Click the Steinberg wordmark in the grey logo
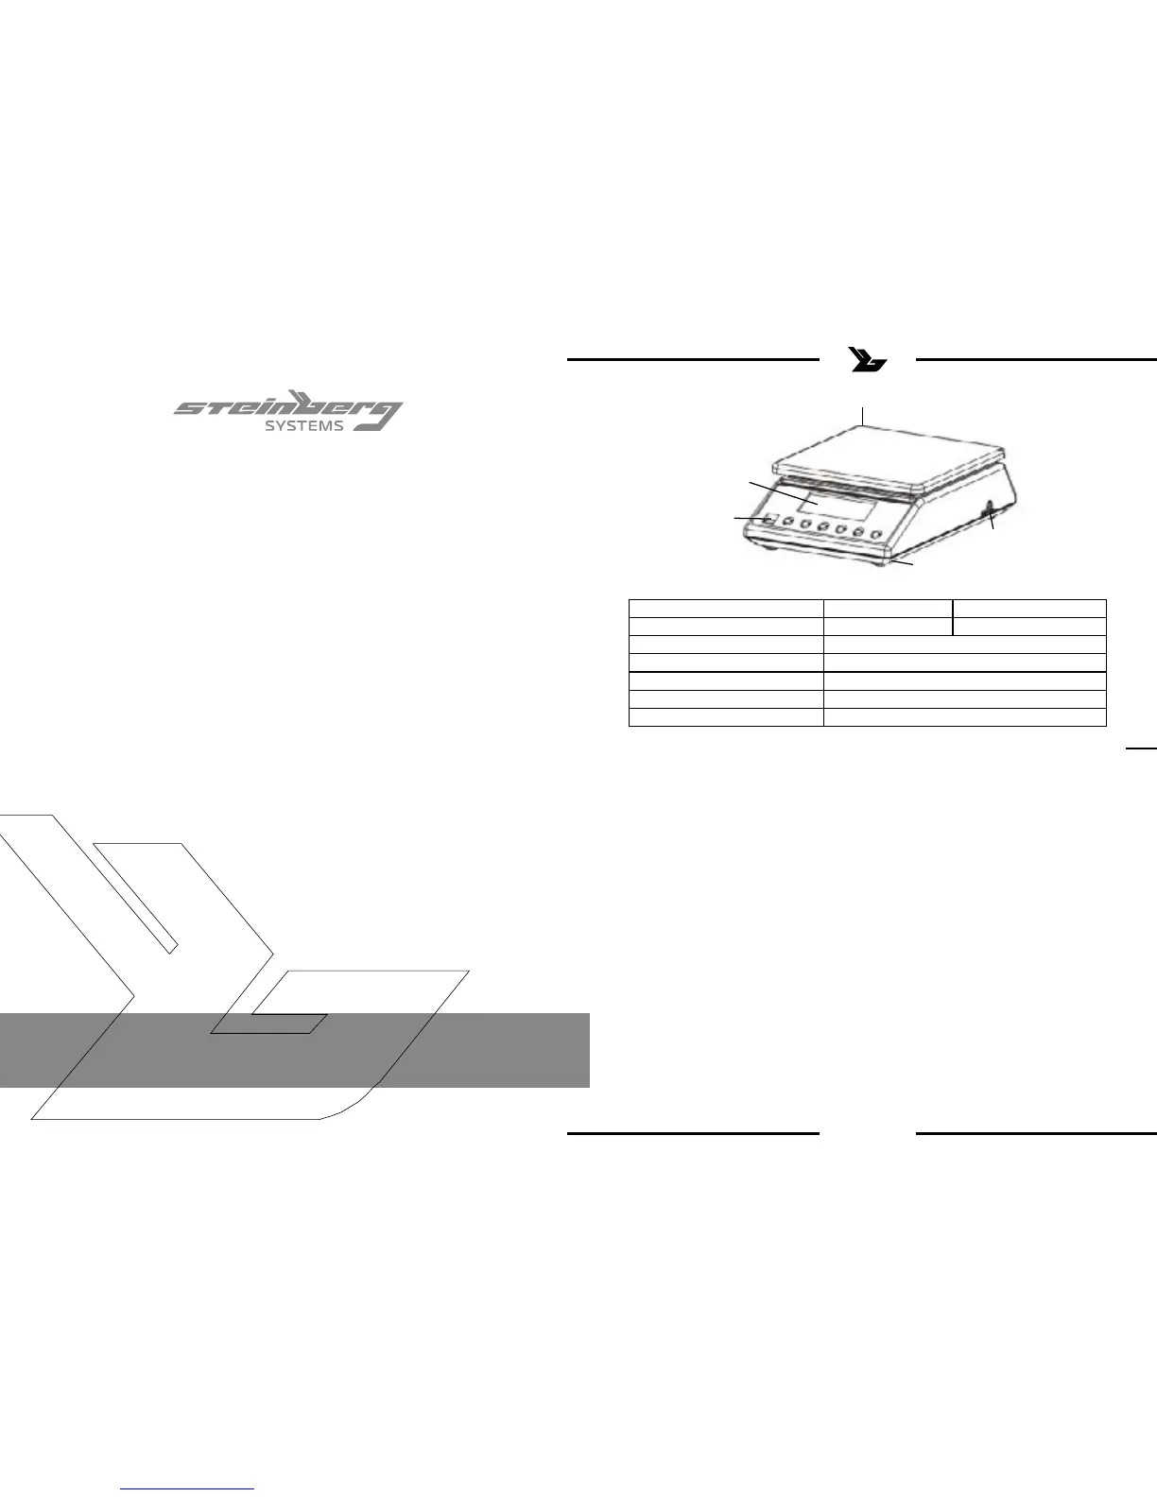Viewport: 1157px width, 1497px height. pyautogui.click(x=274, y=408)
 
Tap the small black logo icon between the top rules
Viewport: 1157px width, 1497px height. pyautogui.click(x=868, y=360)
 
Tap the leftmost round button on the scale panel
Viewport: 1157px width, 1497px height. pyautogui.click(x=788, y=523)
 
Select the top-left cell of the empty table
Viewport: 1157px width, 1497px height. pyautogui.click(x=726, y=608)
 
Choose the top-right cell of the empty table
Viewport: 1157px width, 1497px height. pyautogui.click(x=1029, y=608)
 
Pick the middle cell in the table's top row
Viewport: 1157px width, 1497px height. pyautogui.click(x=888, y=608)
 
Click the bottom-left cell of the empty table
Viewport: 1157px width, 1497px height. pyautogui.click(x=726, y=717)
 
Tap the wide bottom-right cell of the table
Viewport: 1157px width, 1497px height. pyautogui.click(x=964, y=717)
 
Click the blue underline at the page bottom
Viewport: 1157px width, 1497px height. pyautogui.click(x=188, y=1489)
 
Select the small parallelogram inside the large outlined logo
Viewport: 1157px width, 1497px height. pyautogui.click(x=269, y=1024)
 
